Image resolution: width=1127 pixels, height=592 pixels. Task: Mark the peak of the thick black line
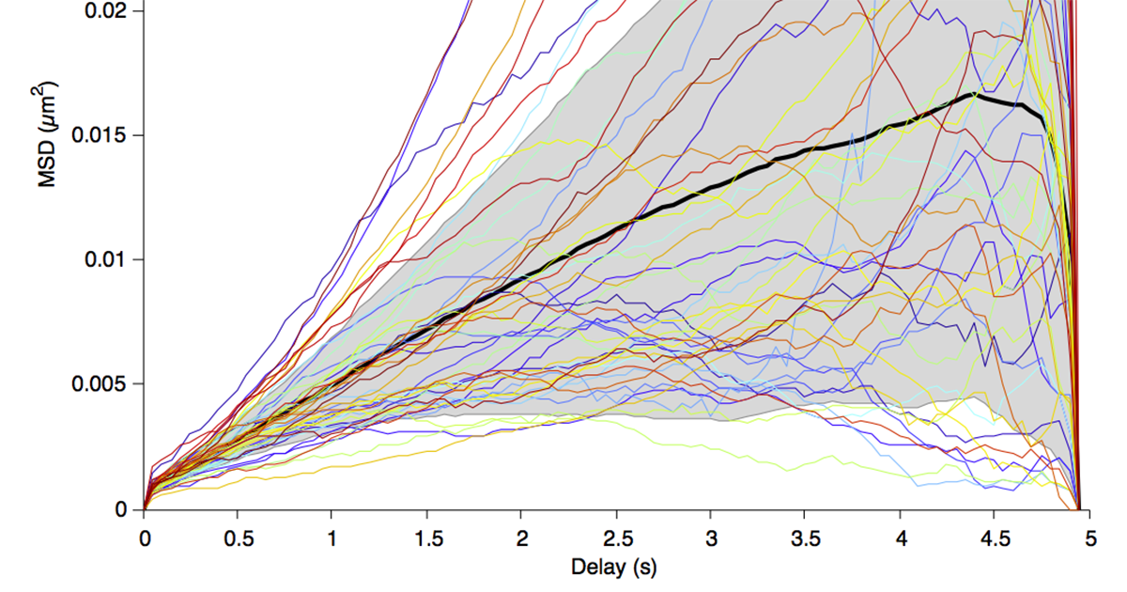(x=974, y=94)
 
